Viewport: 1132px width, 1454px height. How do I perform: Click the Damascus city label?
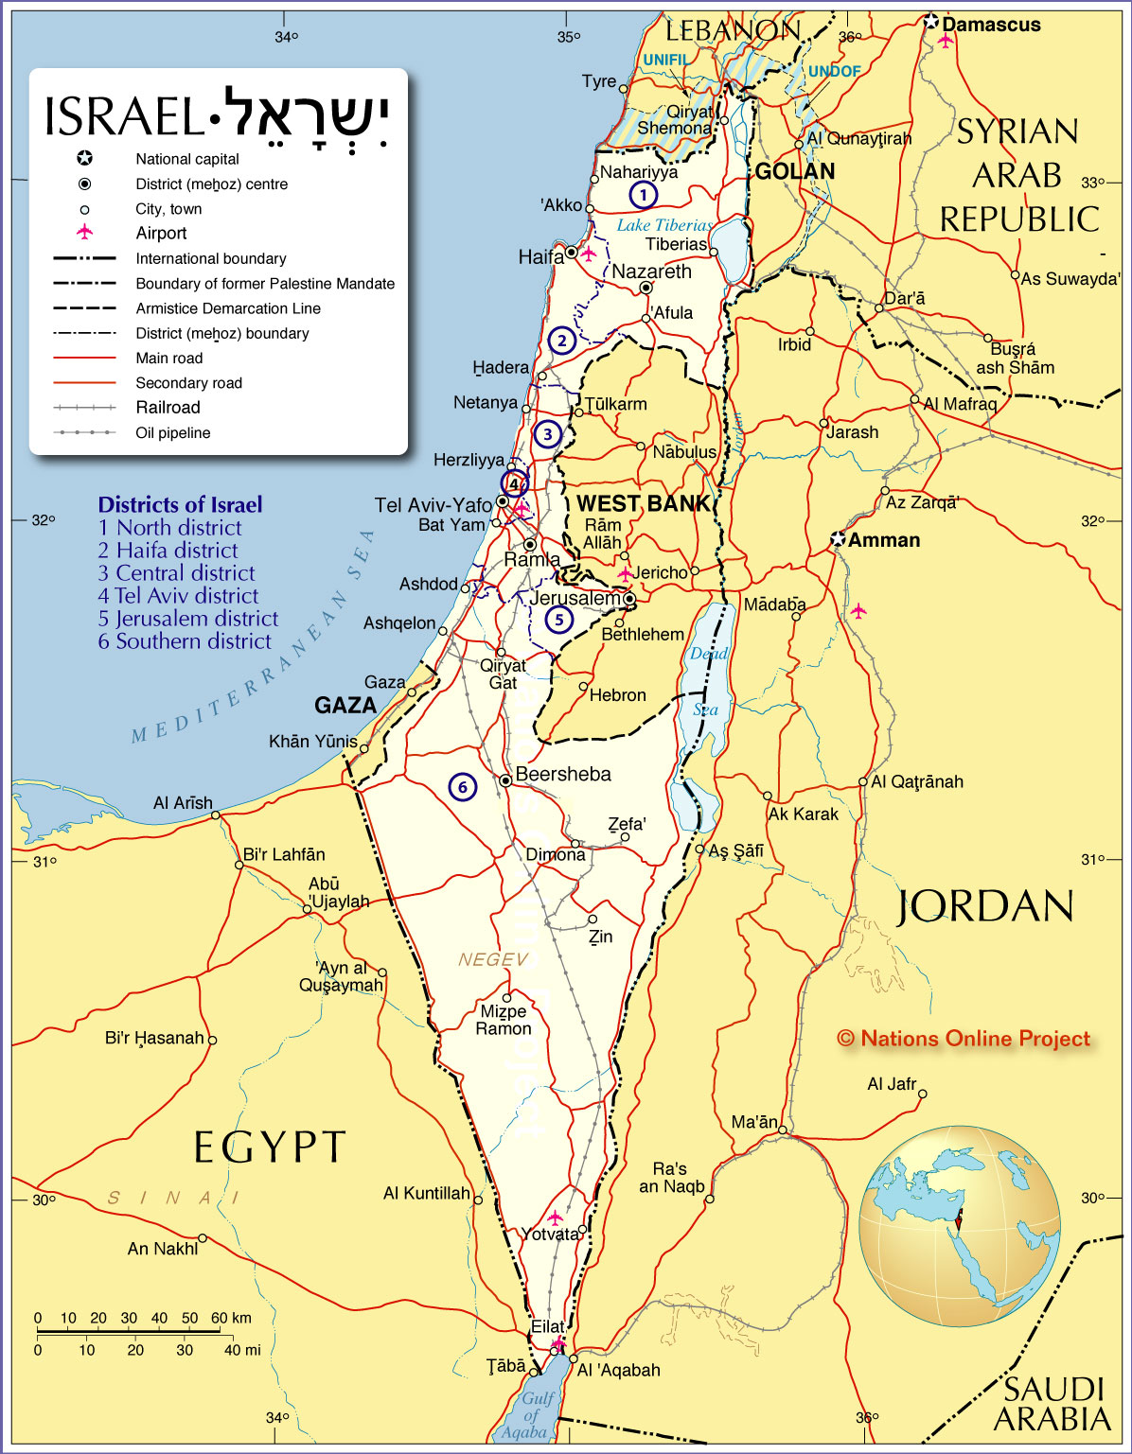pyautogui.click(x=990, y=25)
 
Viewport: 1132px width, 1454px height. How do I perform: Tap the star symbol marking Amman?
pyautogui.click(x=838, y=539)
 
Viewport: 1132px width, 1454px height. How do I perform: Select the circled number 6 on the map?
pyautogui.click(x=462, y=786)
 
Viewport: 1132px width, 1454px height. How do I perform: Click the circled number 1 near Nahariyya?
pyautogui.click(x=643, y=195)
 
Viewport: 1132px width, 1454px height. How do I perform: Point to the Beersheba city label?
pyautogui.click(x=563, y=774)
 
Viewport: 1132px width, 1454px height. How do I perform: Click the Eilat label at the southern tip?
pyautogui.click(x=548, y=1326)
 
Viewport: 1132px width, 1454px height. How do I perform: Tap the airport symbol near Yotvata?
pyautogui.click(x=555, y=1218)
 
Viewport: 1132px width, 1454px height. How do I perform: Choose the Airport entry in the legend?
pyautogui.click(x=161, y=233)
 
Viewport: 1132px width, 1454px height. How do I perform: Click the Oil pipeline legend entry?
pyautogui.click(x=172, y=432)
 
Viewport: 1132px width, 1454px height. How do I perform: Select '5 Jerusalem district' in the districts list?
pyautogui.click(x=188, y=619)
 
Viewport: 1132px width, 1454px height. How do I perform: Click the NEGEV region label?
pyautogui.click(x=493, y=959)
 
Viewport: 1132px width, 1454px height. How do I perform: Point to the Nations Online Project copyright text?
pyautogui.click(x=964, y=1039)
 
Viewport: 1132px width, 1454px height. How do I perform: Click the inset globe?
pyautogui.click(x=959, y=1225)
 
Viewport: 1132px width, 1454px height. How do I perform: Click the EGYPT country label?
pyautogui.click(x=270, y=1147)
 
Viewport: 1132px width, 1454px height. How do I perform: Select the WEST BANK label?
pyautogui.click(x=643, y=503)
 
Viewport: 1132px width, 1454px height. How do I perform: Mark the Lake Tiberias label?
pyautogui.click(x=664, y=225)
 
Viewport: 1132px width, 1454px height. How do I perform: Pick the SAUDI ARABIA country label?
pyautogui.click(x=1052, y=1404)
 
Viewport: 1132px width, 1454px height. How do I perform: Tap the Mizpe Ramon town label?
pyautogui.click(x=504, y=1020)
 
